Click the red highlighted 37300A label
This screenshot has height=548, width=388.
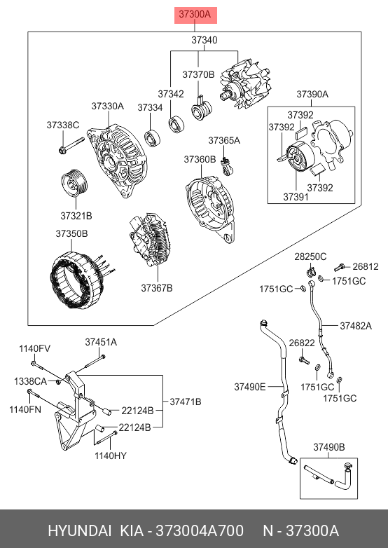pos(195,15)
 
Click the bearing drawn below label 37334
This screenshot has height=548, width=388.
pos(153,137)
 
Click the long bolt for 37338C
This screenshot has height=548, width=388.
pos(71,146)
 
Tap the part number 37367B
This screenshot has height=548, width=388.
pos(157,288)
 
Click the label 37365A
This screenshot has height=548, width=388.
pos(224,140)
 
